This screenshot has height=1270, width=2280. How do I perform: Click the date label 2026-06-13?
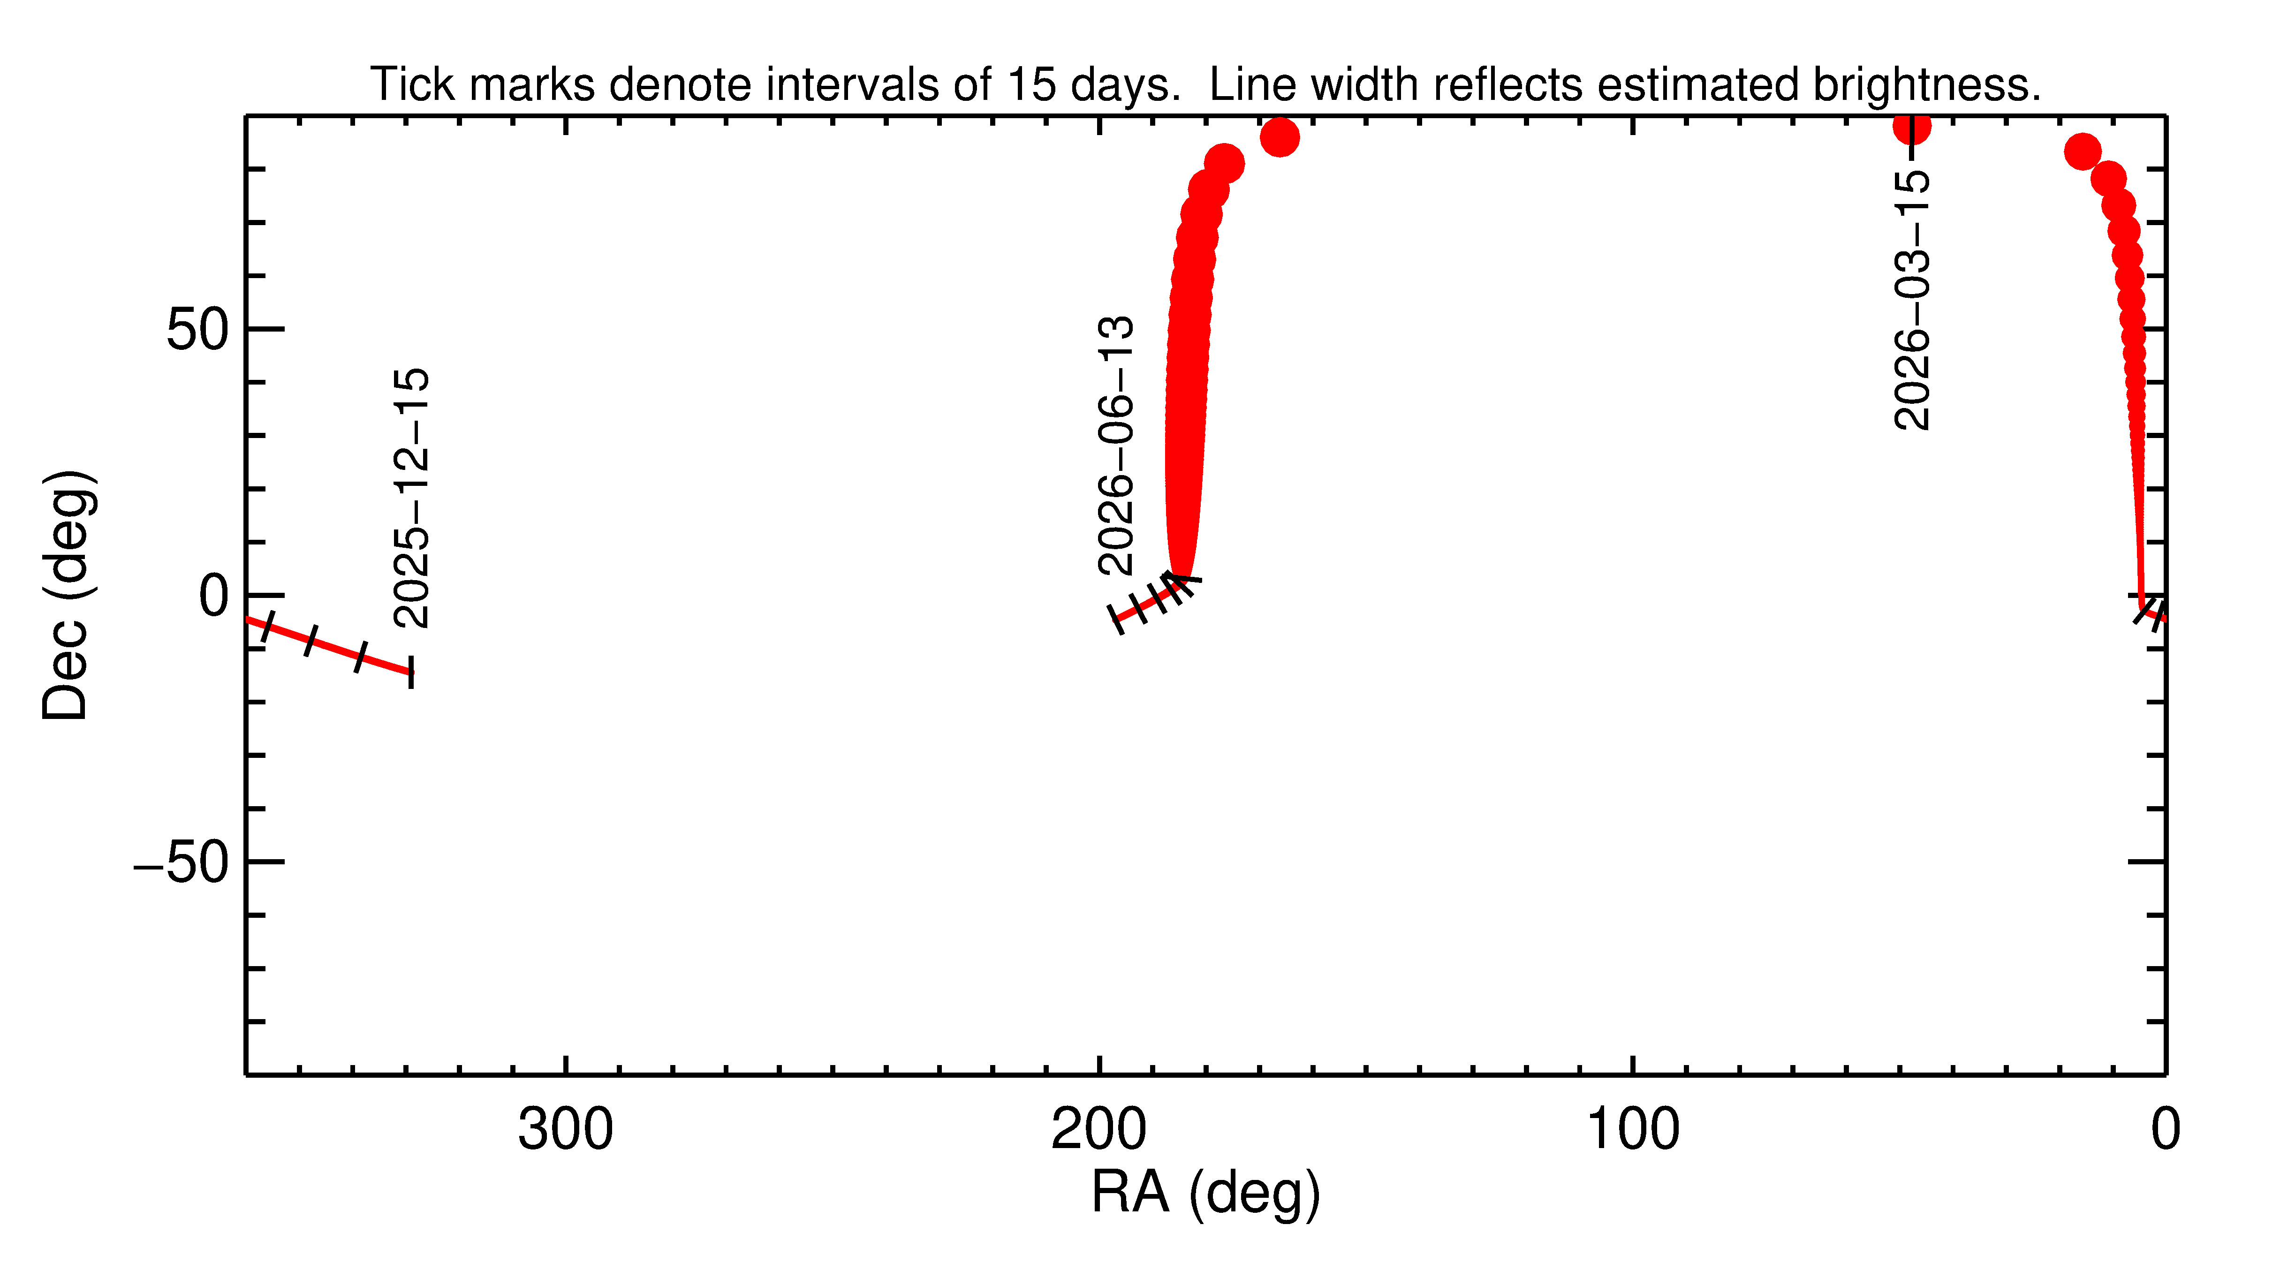pyautogui.click(x=1115, y=445)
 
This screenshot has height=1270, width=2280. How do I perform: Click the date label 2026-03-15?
pyautogui.click(x=1912, y=299)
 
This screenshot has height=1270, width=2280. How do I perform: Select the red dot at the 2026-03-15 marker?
pyautogui.click(x=1912, y=127)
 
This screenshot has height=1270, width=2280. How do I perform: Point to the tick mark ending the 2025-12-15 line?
pyautogui.click(x=411, y=673)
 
